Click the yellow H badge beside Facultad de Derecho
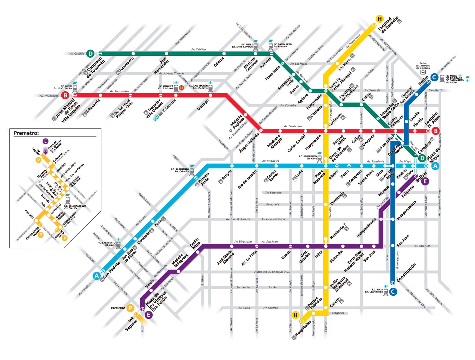(x=379, y=19)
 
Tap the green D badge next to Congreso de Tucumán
(x=90, y=54)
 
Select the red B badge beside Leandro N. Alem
(x=435, y=131)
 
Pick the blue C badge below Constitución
(x=393, y=292)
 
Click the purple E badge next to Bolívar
(x=425, y=181)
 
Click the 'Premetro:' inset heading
(x=26, y=133)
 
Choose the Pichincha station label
(x=336, y=256)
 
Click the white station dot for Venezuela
(x=326, y=204)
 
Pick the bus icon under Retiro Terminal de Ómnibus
(x=423, y=72)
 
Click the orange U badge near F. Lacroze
(x=181, y=88)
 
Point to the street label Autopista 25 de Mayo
(x=273, y=272)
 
